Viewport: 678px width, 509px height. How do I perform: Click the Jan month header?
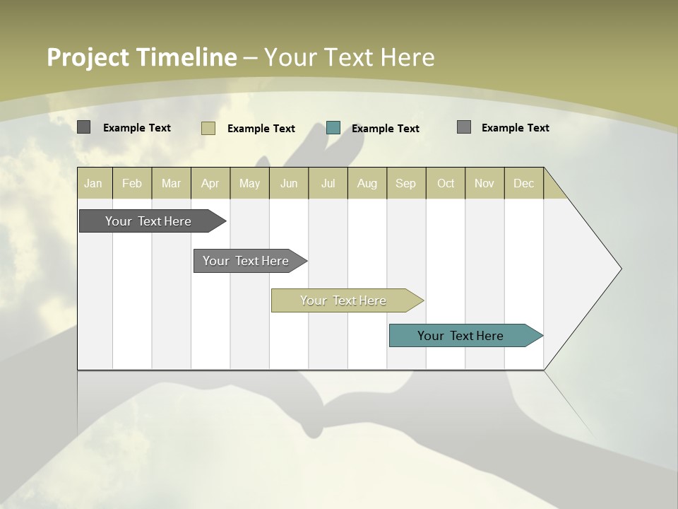click(93, 183)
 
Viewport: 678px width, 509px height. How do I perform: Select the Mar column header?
click(171, 183)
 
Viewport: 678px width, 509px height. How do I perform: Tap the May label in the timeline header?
click(249, 183)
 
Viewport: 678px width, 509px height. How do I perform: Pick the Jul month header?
click(328, 183)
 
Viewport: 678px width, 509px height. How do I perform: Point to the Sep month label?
click(405, 183)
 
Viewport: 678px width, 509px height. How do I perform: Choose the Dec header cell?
click(523, 183)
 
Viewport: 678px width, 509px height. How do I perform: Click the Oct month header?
click(446, 183)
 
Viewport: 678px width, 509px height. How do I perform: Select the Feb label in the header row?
click(132, 183)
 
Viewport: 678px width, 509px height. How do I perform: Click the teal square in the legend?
click(333, 128)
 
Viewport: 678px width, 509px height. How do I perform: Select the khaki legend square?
click(208, 128)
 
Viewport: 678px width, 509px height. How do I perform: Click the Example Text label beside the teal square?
click(386, 129)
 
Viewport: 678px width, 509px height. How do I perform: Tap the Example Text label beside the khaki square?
click(261, 129)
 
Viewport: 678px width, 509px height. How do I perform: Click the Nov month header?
click(484, 183)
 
